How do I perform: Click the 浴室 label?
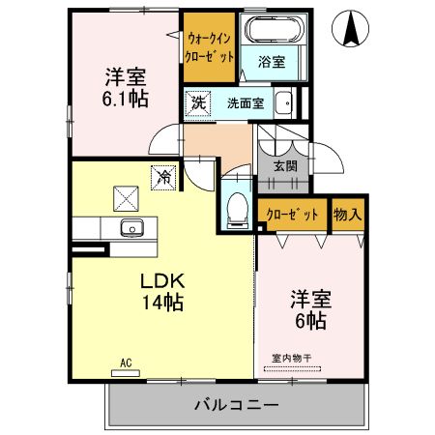(x=272, y=62)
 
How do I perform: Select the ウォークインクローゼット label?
(x=210, y=47)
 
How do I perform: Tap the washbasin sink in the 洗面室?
(x=283, y=103)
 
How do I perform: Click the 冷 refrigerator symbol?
(x=164, y=177)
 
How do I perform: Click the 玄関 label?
(x=285, y=165)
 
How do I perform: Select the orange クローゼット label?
(x=293, y=215)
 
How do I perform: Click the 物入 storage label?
(x=346, y=215)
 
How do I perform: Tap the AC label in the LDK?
(x=125, y=363)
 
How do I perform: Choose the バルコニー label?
(x=237, y=403)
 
